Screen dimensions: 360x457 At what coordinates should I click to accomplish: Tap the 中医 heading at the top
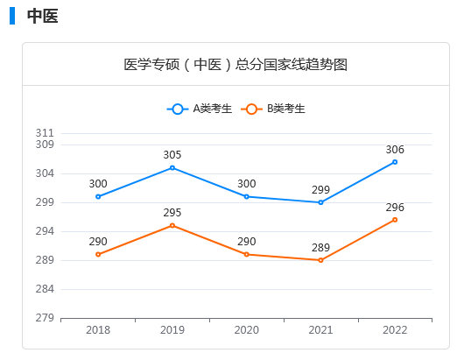[42, 17]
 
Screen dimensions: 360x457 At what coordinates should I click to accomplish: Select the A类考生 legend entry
[201, 109]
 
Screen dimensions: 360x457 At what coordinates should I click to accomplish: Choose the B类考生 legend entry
[276, 109]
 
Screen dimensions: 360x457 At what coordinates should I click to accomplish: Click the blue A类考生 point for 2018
[98, 196]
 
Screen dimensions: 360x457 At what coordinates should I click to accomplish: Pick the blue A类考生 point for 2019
[172, 167]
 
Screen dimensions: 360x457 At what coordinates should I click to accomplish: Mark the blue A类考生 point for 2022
[395, 162]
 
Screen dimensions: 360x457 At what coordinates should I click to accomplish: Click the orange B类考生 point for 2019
[172, 225]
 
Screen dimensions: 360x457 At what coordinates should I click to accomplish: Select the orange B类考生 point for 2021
[320, 260]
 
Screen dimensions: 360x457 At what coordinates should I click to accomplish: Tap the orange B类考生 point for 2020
[247, 254]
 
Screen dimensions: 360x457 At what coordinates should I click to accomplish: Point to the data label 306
[395, 150]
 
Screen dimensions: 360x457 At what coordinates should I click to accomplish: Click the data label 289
[320, 248]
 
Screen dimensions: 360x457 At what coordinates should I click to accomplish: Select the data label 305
[172, 155]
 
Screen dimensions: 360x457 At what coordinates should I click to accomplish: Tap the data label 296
[395, 208]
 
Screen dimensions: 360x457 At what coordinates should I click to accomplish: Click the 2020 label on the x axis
[247, 330]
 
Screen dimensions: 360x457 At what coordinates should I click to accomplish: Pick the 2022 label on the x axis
[395, 330]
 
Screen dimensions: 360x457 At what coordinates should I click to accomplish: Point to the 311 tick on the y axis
[45, 133]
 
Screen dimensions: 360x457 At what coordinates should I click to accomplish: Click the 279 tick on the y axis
[45, 318]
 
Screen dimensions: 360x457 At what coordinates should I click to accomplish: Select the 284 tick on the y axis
[45, 289]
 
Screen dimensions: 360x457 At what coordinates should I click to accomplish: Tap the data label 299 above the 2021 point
[320, 190]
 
